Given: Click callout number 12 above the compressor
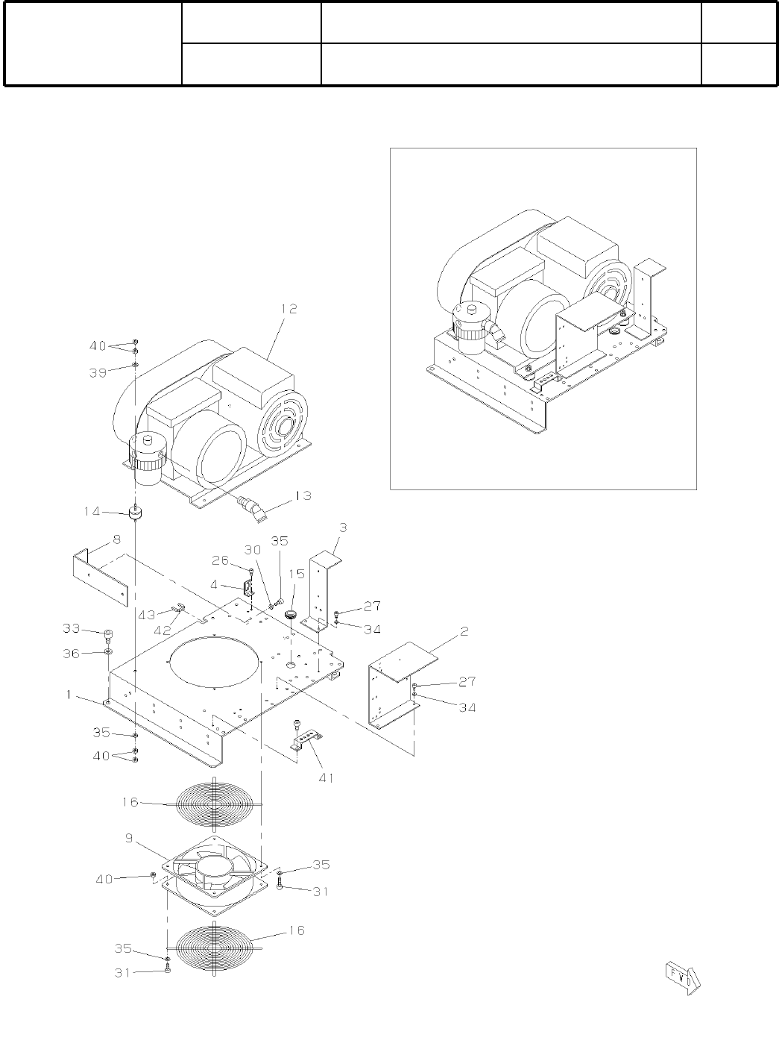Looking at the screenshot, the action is coord(288,309).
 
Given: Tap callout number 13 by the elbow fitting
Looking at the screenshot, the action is coord(303,496).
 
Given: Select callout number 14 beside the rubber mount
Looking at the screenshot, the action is coord(92,512).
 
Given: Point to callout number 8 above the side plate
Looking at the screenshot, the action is coord(116,539).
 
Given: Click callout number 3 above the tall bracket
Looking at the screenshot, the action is coord(343,528).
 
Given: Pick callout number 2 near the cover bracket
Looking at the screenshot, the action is coord(464,631).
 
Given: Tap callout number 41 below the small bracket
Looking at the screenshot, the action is coord(326,777).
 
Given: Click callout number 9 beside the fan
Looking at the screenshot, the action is coord(130,839).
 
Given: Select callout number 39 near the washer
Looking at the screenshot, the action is coord(98,373).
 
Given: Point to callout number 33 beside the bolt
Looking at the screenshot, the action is coord(72,629).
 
